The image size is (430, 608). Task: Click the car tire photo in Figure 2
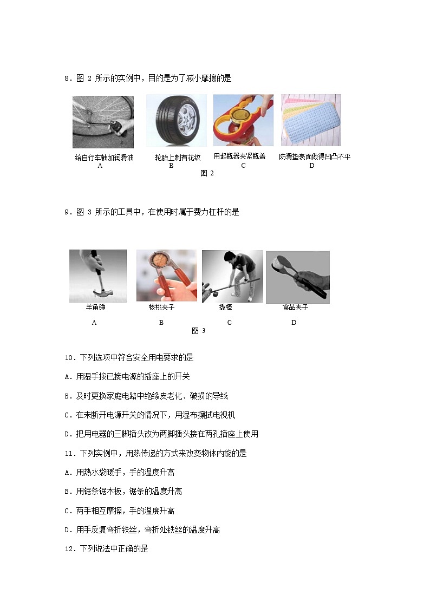click(177, 121)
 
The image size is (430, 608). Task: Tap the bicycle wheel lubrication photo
click(103, 122)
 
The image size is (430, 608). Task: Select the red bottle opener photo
click(244, 120)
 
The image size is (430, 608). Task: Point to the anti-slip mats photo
click(311, 120)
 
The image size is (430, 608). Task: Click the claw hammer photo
click(98, 276)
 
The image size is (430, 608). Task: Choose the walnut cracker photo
click(167, 276)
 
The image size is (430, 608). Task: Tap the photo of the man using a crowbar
click(233, 276)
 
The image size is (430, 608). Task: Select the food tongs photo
click(298, 277)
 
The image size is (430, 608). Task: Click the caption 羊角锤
click(95, 307)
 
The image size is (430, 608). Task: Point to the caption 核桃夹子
click(162, 307)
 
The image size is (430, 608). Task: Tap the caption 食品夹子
click(296, 307)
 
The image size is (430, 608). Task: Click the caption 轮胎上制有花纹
click(178, 158)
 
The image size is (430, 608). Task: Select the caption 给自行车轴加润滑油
click(105, 158)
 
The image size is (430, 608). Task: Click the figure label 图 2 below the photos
click(207, 173)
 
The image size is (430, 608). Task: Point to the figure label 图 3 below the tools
click(199, 331)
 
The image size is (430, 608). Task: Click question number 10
click(70, 357)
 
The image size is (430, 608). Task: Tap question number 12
click(70, 548)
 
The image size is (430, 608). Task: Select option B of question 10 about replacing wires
click(146, 396)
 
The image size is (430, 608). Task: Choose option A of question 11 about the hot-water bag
click(120, 472)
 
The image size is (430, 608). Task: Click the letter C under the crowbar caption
click(230, 323)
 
